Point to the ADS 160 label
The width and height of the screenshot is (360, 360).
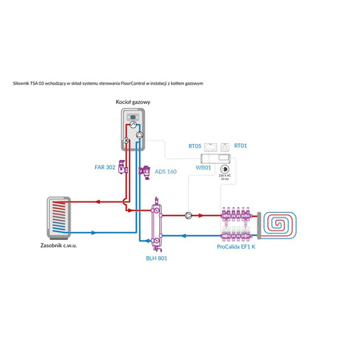[x=166, y=171]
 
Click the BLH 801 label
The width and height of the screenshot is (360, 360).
[x=156, y=258]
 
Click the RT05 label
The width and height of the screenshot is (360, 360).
[x=194, y=146]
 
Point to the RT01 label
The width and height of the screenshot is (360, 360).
[x=240, y=146]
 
